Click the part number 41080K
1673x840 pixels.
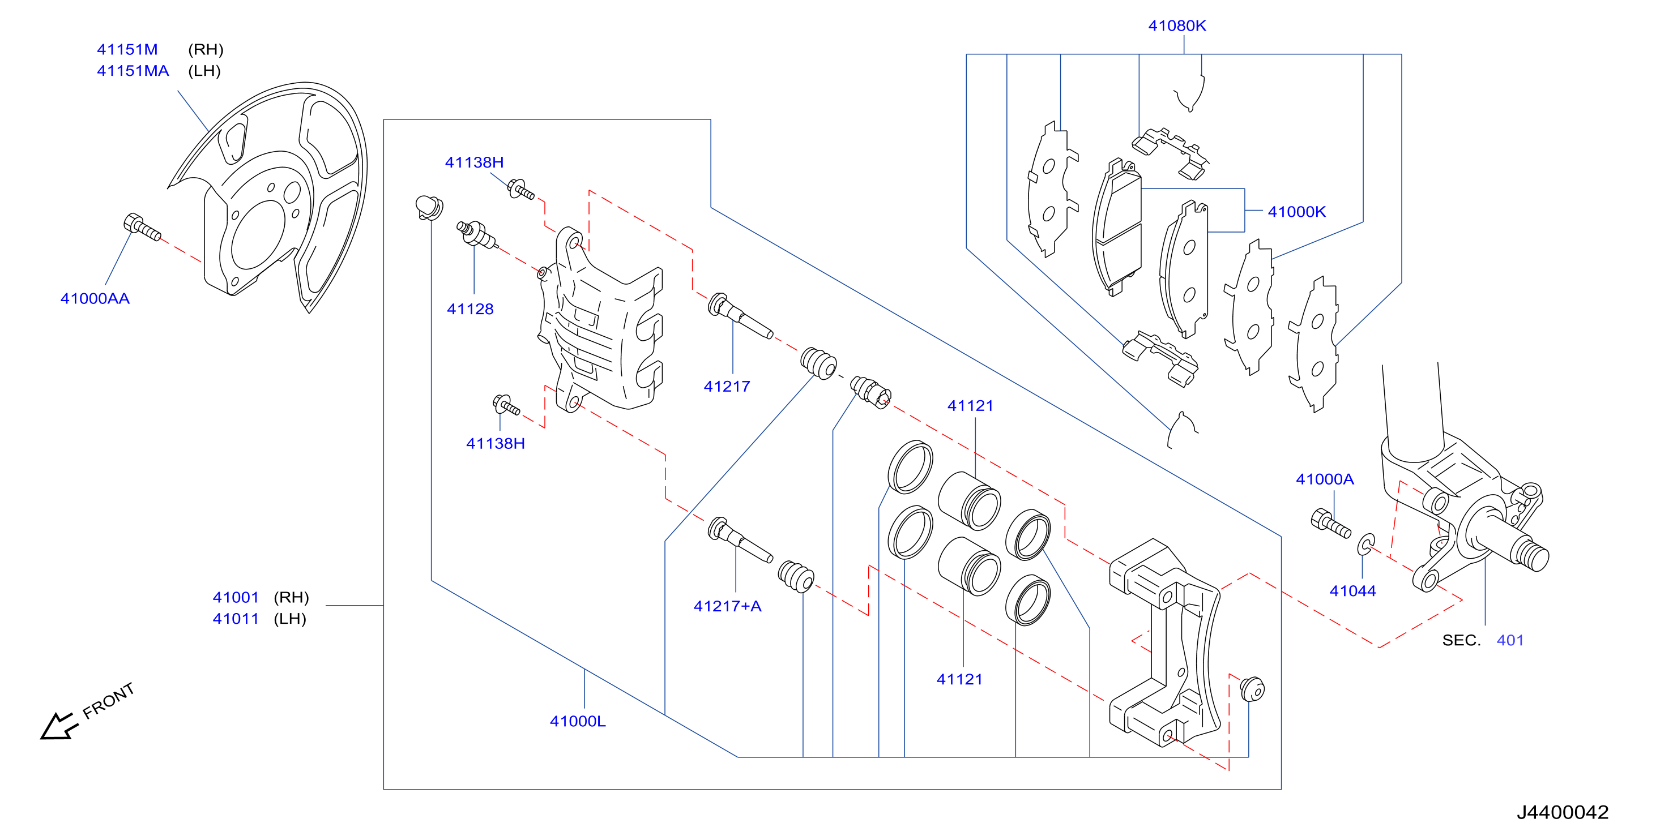click(x=1177, y=26)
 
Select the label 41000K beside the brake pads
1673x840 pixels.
click(x=1296, y=212)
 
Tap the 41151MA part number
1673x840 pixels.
click(x=133, y=71)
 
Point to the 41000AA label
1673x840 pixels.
click(x=95, y=299)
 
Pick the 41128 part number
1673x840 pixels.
click(x=470, y=309)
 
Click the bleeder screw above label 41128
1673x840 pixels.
click(x=477, y=234)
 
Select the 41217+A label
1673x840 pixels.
click(x=727, y=606)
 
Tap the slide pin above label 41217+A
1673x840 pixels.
click(x=740, y=539)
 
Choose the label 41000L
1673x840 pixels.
click(x=577, y=721)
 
